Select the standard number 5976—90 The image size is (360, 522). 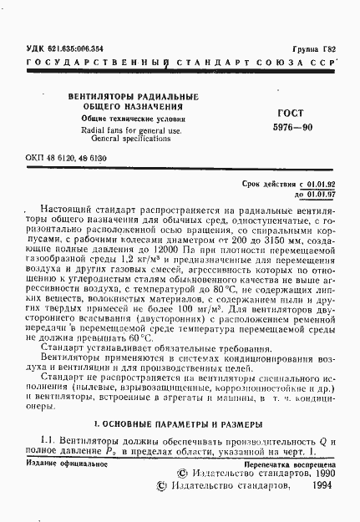click(292, 129)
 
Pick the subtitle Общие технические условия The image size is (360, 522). click(116, 119)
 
